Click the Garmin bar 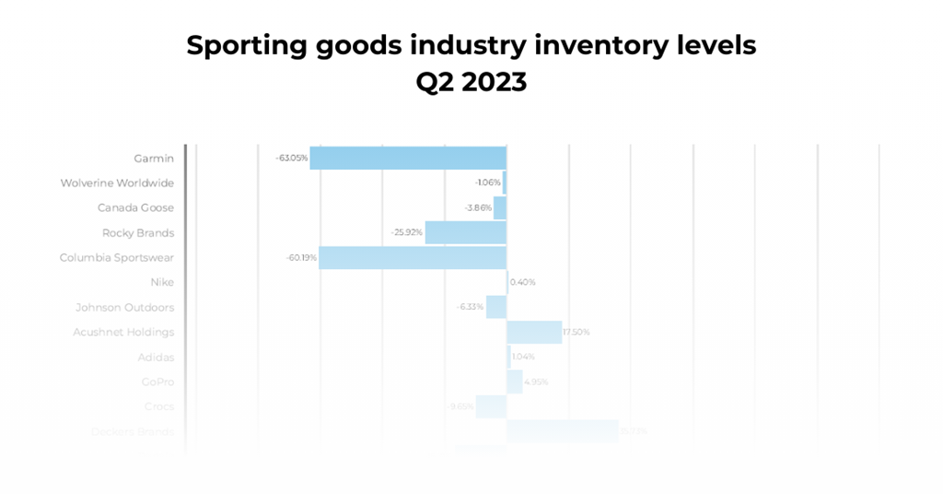408,158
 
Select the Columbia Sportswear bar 413,257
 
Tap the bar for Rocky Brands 465,232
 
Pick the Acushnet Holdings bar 534,332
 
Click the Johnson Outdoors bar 496,307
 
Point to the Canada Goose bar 500,207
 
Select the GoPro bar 514,382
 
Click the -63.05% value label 292,159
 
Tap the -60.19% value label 301,258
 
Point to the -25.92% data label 407,233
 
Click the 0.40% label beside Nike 522,283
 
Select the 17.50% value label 576,333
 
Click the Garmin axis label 154,159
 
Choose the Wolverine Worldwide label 117,183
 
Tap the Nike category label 162,283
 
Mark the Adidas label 156,358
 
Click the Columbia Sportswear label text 117,258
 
